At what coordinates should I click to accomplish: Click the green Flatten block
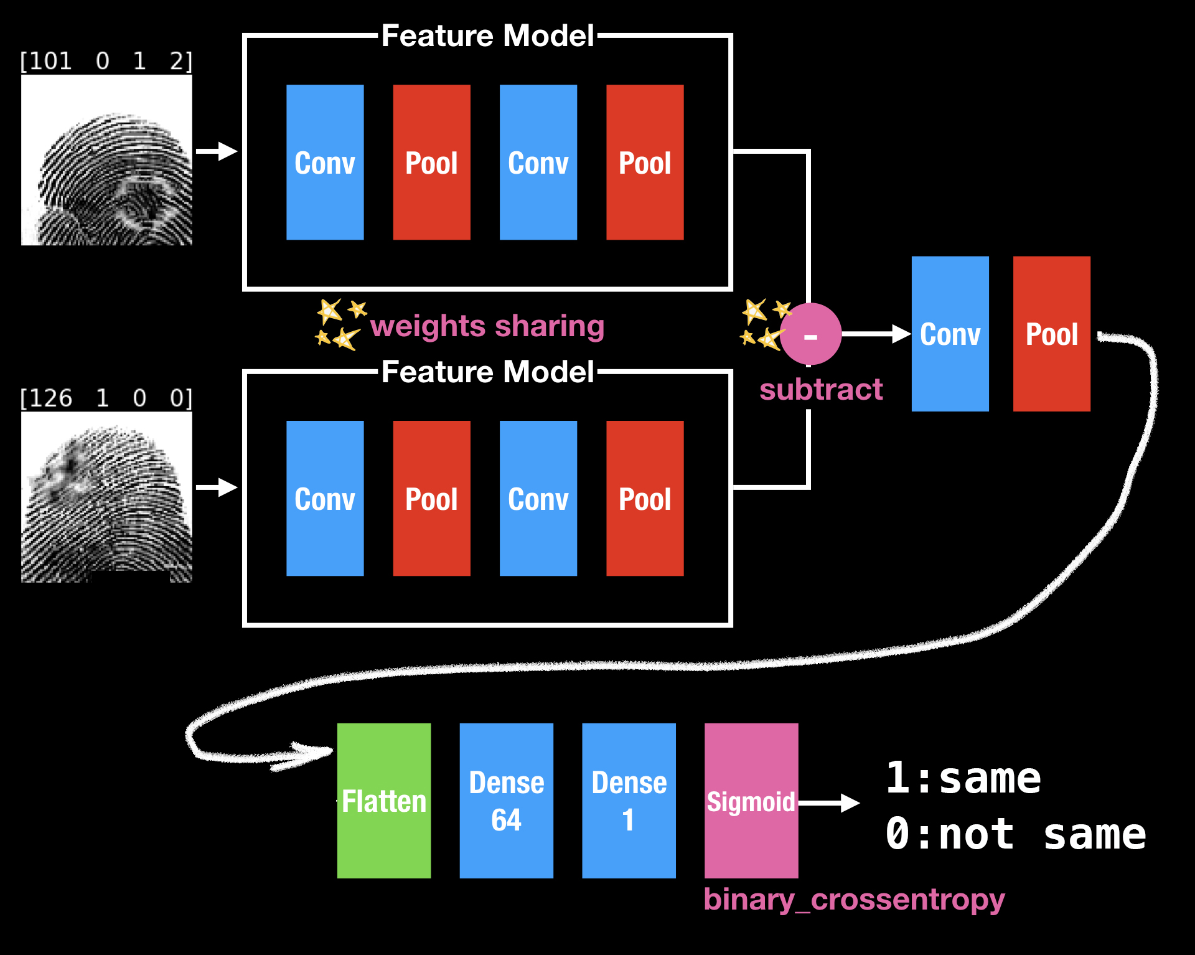[384, 801]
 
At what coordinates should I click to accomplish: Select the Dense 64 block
[506, 801]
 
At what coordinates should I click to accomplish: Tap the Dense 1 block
[629, 801]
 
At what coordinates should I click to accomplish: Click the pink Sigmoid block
[751, 801]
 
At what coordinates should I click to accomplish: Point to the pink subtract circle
[810, 334]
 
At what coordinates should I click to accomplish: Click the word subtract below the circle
[821, 390]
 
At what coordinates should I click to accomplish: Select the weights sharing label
[487, 326]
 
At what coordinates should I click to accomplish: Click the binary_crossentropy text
[855, 900]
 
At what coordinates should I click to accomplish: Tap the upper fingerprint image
[106, 160]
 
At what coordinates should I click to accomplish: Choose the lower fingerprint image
[106, 497]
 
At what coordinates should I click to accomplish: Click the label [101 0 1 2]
[106, 61]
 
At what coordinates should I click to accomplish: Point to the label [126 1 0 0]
[106, 398]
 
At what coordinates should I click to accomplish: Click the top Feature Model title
[488, 35]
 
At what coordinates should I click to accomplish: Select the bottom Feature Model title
[488, 372]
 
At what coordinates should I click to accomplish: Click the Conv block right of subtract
[950, 334]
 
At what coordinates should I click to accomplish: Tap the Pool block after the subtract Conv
[1052, 334]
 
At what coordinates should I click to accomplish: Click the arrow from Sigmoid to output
[829, 803]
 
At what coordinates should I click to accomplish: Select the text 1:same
[963, 778]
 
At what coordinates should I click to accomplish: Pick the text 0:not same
[1016, 834]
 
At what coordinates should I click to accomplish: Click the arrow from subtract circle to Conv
[876, 334]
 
